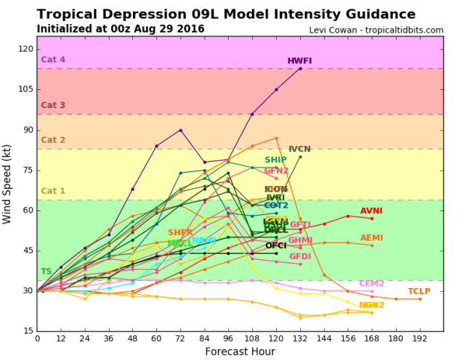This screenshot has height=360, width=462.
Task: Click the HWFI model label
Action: [299, 61]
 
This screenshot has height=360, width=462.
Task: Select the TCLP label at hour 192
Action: [419, 291]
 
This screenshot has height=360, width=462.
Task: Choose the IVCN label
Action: [300, 150]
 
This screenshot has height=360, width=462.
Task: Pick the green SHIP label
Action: [275, 160]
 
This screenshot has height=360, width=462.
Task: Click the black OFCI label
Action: [275, 246]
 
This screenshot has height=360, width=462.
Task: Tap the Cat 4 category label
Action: [53, 60]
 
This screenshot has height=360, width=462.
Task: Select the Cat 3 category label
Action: [53, 105]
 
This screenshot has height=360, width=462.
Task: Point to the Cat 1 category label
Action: [53, 192]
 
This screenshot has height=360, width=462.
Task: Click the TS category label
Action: [46, 271]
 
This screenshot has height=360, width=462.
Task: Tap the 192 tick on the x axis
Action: [419, 339]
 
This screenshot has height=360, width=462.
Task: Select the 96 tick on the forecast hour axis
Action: [229, 339]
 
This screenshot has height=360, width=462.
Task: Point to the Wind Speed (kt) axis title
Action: [9, 183]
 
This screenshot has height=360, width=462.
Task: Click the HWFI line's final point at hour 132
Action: [300, 68]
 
